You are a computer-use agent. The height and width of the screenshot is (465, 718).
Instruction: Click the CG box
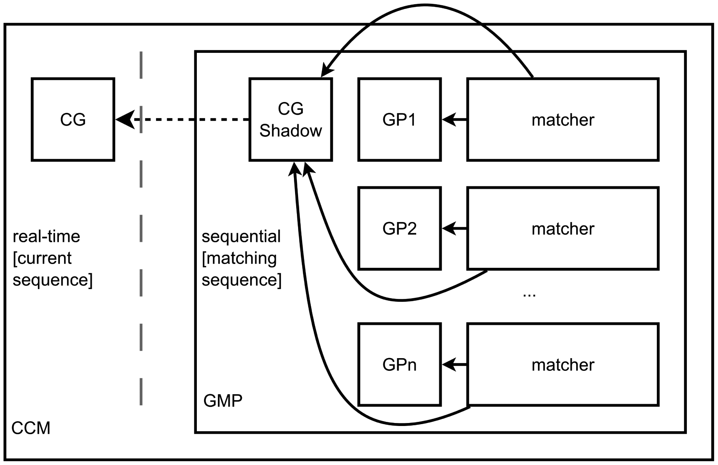(73, 120)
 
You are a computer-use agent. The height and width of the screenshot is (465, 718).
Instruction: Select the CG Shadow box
(291, 120)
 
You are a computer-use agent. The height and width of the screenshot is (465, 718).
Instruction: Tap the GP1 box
(399, 120)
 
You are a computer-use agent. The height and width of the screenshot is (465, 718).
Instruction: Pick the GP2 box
(399, 228)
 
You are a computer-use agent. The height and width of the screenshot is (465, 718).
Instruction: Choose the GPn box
(399, 364)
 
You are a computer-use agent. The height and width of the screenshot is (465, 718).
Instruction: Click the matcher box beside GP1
(562, 120)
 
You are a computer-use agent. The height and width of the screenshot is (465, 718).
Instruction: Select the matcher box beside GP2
(562, 228)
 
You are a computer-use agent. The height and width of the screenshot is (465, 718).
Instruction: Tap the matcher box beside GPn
(562, 364)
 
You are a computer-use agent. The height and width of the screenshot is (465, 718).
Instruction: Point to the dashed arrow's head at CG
(124, 120)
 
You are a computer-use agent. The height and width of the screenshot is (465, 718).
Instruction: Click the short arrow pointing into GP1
(454, 120)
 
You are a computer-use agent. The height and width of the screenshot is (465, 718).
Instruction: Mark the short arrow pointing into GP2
(454, 228)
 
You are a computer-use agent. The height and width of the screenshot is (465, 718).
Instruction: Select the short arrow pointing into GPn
(454, 364)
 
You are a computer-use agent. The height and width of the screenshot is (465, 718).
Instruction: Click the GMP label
(223, 401)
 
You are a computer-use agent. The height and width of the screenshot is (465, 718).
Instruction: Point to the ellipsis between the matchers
(529, 294)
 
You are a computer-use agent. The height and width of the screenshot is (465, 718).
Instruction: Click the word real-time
(46, 237)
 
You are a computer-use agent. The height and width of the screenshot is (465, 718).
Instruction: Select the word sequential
(241, 237)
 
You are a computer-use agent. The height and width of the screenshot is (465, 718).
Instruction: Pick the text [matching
(239, 258)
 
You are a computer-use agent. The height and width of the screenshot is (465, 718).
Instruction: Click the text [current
(42, 258)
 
